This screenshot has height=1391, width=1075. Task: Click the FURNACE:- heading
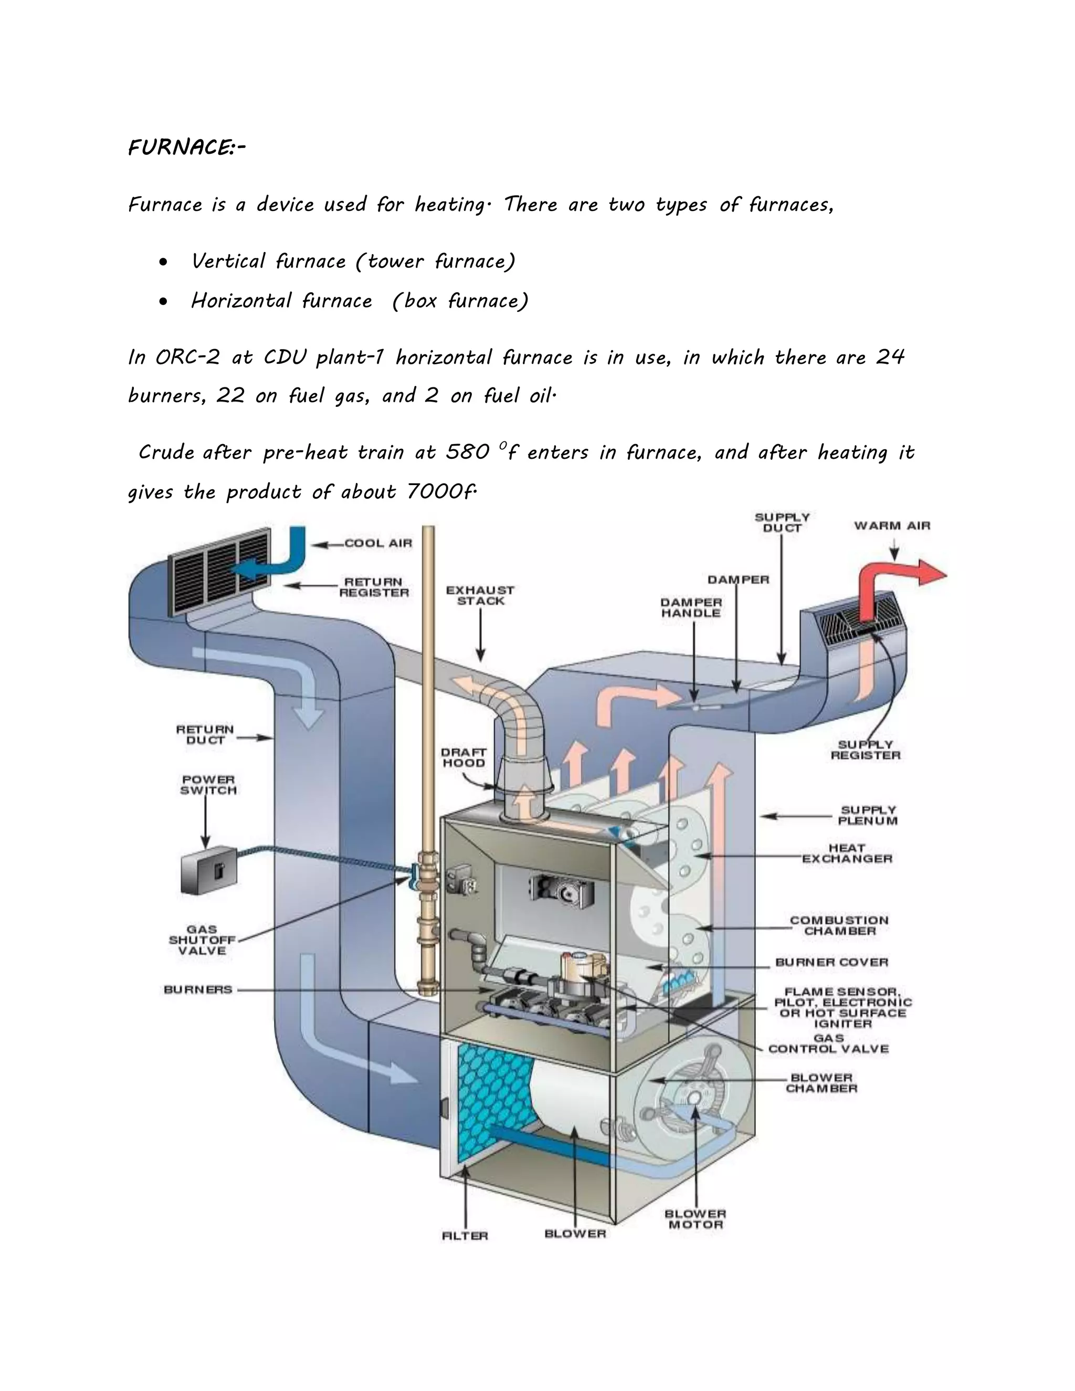click(x=186, y=148)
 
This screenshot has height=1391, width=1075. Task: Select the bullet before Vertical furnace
click(x=164, y=262)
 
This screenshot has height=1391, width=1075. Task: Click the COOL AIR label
click(x=378, y=543)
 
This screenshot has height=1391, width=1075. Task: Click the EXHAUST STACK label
click(x=480, y=596)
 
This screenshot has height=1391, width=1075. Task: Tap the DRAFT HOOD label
click(x=463, y=758)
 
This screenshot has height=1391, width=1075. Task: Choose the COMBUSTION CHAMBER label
click(x=839, y=925)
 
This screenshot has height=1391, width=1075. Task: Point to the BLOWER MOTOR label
click(x=695, y=1219)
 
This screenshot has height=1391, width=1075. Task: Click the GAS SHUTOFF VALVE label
click(x=202, y=940)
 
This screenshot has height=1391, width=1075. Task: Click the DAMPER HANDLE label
click(x=691, y=608)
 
